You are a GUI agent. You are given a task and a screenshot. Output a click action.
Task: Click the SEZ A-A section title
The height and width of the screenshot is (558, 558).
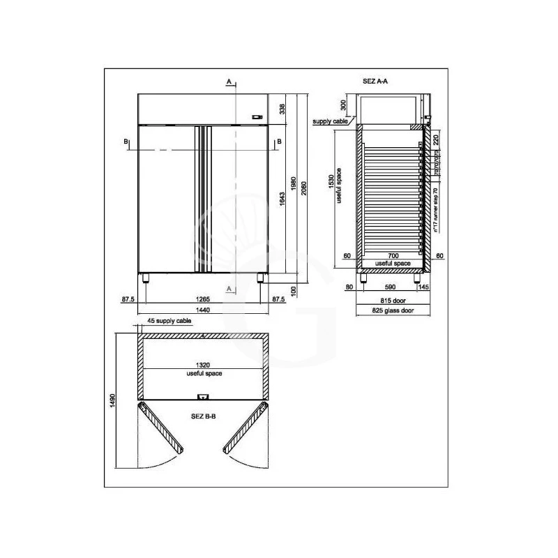tap(375, 81)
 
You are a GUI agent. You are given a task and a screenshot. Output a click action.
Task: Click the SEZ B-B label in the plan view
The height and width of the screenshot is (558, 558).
tap(203, 415)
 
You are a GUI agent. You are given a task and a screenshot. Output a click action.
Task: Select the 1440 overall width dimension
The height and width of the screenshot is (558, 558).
tap(204, 310)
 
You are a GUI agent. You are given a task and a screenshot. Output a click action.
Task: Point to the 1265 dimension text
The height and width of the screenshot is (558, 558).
tap(204, 299)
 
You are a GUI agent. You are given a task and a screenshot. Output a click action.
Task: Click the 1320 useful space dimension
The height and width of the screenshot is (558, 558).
tap(204, 365)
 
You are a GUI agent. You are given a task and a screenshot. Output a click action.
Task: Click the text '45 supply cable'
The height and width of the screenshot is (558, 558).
tap(169, 322)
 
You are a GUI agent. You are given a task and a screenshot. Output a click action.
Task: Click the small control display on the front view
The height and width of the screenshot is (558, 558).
tap(256, 117)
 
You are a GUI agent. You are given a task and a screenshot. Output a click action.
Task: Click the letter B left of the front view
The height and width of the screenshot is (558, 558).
tap(127, 142)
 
